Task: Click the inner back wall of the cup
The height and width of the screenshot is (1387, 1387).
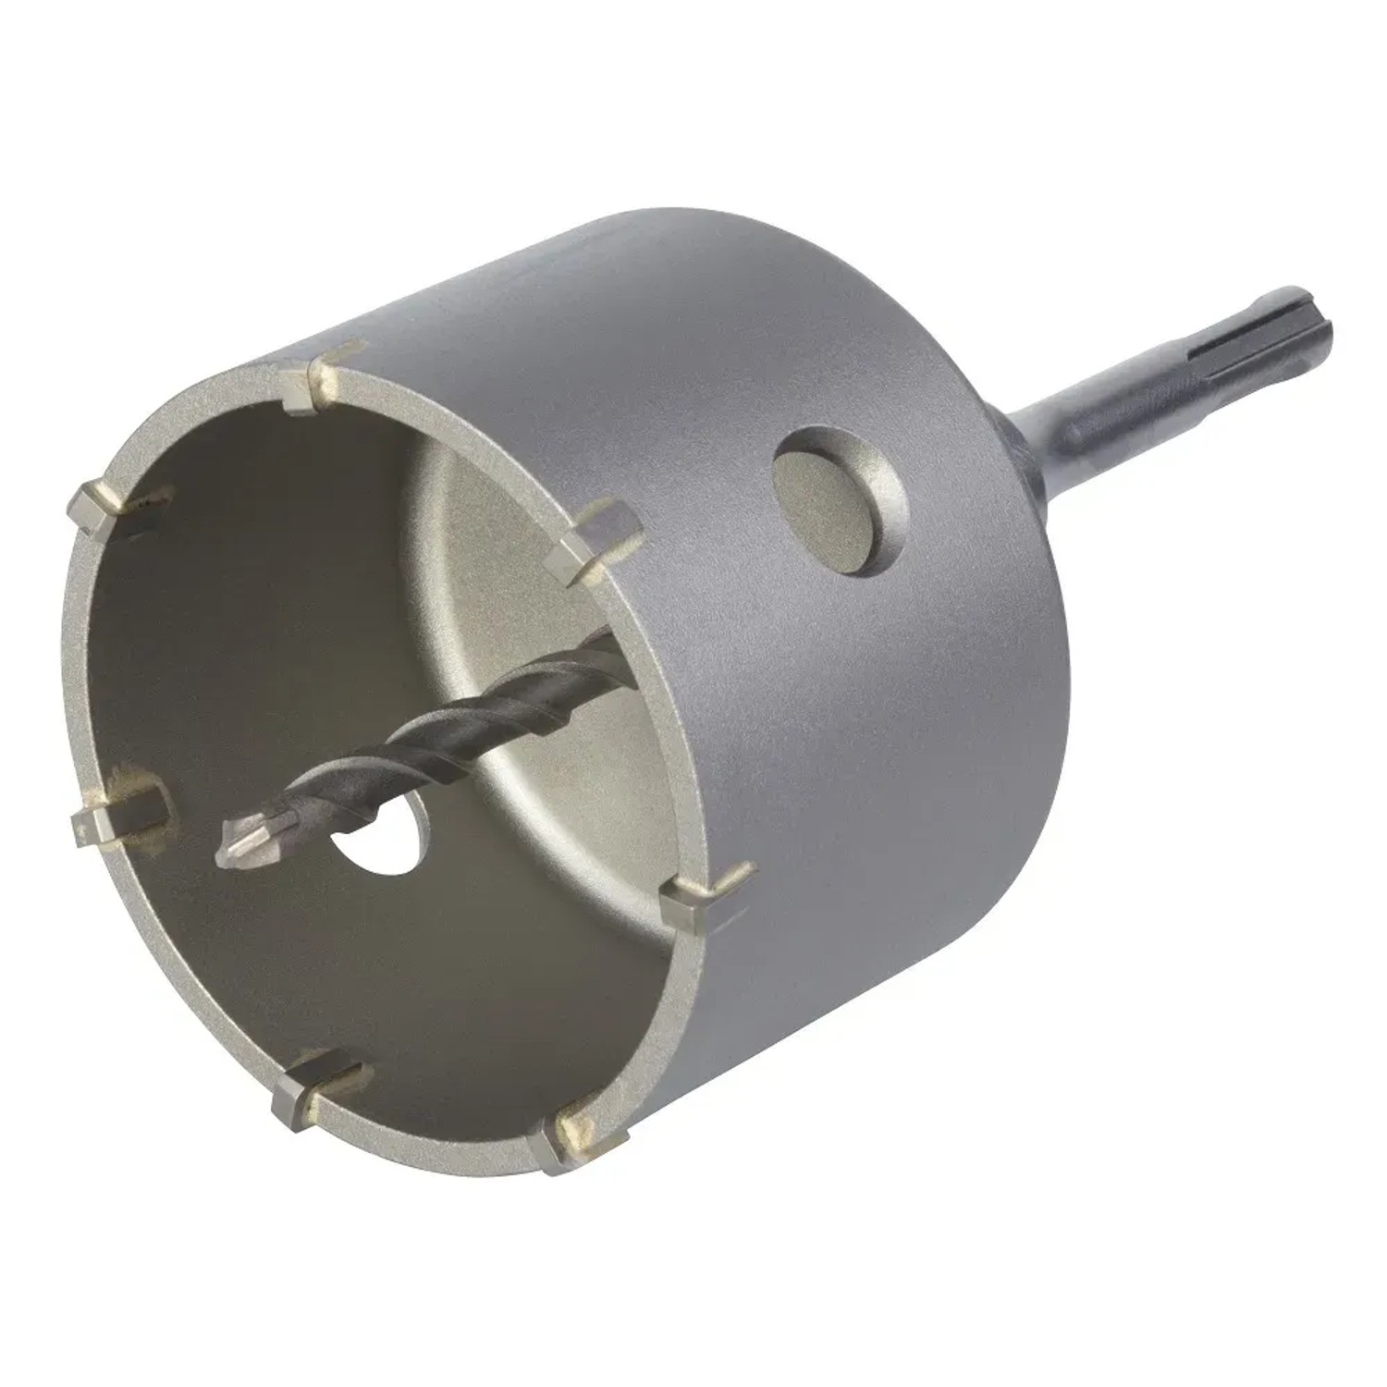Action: pos(518,601)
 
